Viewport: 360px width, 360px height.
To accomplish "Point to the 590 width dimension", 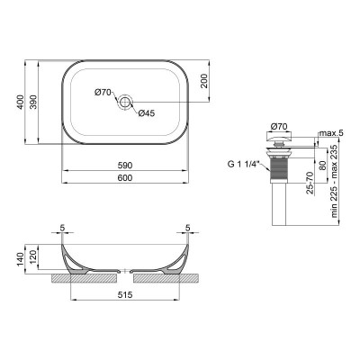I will point(126,166).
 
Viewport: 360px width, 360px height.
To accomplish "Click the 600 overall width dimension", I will point(126,179).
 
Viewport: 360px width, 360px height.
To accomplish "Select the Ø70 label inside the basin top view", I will point(103,92).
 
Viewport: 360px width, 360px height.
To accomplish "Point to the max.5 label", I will point(331,133).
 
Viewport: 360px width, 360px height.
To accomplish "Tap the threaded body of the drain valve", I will point(279,166).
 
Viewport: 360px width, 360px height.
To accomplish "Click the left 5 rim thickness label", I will point(64,228).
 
